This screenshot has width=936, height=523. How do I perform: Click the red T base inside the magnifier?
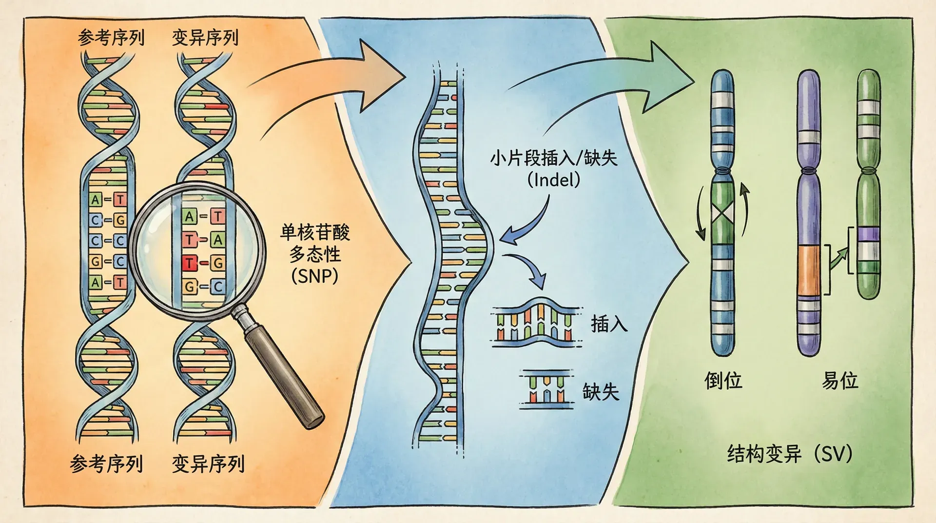click(x=189, y=263)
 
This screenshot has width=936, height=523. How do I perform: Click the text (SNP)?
click(x=314, y=276)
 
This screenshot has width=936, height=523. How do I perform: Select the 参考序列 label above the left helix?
click(x=111, y=38)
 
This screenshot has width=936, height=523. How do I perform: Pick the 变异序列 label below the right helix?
click(x=208, y=463)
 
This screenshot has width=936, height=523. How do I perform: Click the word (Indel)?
click(x=554, y=180)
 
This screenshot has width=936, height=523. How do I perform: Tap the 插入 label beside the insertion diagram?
click(x=609, y=324)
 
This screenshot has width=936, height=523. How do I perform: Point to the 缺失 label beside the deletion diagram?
click(x=601, y=392)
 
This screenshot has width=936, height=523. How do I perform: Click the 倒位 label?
click(x=723, y=381)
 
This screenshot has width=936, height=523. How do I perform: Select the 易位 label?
click(x=839, y=381)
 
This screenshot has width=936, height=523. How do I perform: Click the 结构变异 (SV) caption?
click(x=789, y=454)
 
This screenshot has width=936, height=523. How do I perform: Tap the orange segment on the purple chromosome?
click(x=809, y=271)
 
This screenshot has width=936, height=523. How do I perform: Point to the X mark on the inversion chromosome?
click(x=722, y=214)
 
